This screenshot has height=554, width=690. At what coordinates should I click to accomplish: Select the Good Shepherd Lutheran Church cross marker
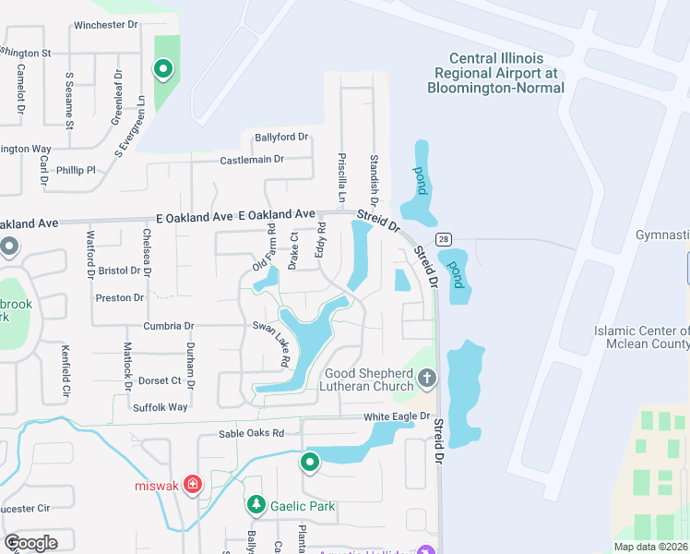[426, 378]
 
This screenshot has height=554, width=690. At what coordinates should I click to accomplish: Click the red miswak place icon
[193, 484]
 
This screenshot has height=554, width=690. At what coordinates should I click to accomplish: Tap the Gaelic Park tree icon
[256, 505]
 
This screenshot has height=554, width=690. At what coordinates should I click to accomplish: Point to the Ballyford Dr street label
[281, 138]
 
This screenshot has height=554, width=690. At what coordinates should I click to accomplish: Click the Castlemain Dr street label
[252, 160]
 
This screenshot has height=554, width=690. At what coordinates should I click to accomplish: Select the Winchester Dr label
[104, 25]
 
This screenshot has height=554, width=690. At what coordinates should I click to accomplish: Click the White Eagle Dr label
[397, 416]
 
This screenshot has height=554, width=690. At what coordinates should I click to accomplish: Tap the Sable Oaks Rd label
[251, 433]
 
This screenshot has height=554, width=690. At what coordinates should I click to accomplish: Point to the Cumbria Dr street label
[168, 326]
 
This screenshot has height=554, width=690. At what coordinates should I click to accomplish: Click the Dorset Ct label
[160, 380]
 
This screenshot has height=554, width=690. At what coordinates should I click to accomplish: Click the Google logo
[30, 542]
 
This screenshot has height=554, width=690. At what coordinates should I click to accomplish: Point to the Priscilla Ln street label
[341, 178]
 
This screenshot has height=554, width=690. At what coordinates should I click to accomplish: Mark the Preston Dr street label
[120, 297]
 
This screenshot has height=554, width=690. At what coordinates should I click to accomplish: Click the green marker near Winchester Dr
[163, 68]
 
